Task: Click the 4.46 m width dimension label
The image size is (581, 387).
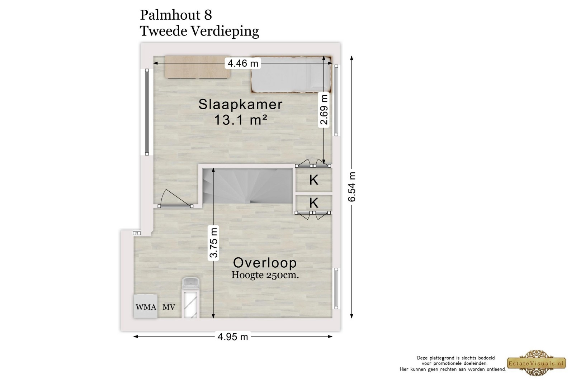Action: pyautogui.click(x=243, y=63)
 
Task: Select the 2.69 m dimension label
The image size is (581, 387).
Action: pyautogui.click(x=324, y=109)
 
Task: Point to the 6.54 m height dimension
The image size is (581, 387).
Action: pyautogui.click(x=352, y=186)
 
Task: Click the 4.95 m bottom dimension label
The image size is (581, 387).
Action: pyautogui.click(x=233, y=337)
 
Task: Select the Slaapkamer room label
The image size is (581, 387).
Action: pyautogui.click(x=240, y=105)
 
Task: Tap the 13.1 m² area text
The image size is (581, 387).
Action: pyautogui.click(x=240, y=120)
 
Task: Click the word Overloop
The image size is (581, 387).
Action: pyautogui.click(x=265, y=263)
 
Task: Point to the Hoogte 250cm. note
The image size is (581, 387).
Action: pyautogui.click(x=265, y=275)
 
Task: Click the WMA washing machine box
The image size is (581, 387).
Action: pyautogui.click(x=146, y=306)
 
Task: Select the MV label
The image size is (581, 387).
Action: pyautogui.click(x=169, y=307)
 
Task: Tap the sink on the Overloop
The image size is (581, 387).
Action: pyautogui.click(x=191, y=283)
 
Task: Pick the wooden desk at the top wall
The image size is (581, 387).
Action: pyautogui.click(x=198, y=67)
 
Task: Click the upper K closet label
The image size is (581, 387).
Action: pyautogui.click(x=314, y=180)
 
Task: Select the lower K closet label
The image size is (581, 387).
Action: pyautogui.click(x=314, y=203)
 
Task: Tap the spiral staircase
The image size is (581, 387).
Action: pyautogui.click(x=248, y=186)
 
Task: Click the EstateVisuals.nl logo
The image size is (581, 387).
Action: pyautogui.click(x=537, y=363)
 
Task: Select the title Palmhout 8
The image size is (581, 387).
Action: pyautogui.click(x=176, y=15)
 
